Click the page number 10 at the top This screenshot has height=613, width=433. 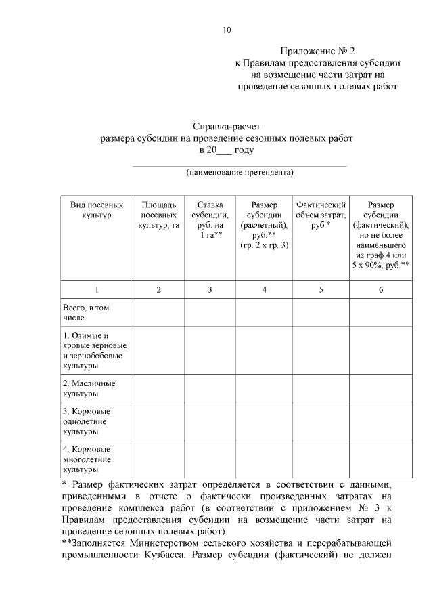click(227, 30)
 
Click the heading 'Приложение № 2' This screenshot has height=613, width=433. click(317, 51)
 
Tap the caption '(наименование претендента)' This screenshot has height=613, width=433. click(240, 172)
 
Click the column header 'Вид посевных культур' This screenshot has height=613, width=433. click(97, 209)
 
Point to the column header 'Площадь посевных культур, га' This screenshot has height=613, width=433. click(158, 215)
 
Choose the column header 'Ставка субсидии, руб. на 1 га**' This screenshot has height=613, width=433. click(210, 219)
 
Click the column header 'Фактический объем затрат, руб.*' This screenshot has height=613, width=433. click(321, 215)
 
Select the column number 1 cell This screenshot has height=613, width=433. click(97, 290)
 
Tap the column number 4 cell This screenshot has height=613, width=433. click(264, 290)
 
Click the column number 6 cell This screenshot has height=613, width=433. click(380, 290)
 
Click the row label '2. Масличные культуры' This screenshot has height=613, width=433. click(89, 388)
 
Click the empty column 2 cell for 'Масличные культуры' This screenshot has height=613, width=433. click(158, 388)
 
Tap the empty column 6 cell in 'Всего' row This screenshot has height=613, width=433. click(380, 312)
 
